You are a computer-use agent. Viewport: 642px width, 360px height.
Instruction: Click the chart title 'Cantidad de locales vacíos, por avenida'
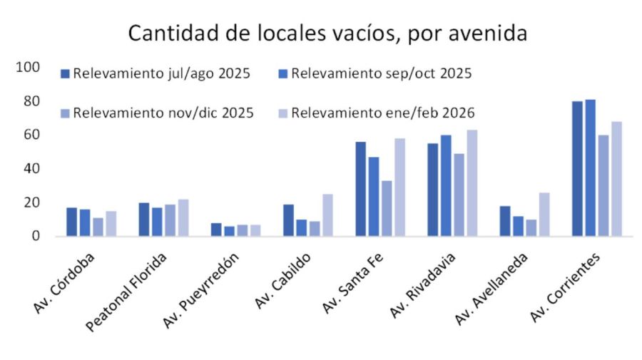coord(327,33)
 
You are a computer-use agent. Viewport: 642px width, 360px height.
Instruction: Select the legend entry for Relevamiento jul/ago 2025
coord(155,73)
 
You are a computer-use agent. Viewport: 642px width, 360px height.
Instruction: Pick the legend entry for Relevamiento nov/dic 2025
coord(156,113)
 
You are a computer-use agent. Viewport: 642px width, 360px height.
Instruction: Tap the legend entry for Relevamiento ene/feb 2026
coord(374,113)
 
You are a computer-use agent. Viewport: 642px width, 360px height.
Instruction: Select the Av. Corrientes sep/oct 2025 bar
coord(590,168)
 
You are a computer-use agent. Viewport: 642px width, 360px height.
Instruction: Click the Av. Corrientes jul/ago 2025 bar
coord(577,168)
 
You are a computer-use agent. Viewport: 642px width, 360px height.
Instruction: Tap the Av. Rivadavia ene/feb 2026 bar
coord(472,182)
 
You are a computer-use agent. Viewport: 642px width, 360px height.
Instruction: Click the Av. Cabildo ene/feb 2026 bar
coord(327,215)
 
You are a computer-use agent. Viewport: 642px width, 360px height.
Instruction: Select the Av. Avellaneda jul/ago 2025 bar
coord(504,220)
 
